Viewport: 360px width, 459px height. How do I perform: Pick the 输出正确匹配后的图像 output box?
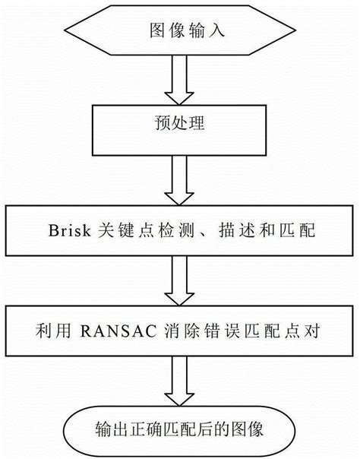180,429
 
